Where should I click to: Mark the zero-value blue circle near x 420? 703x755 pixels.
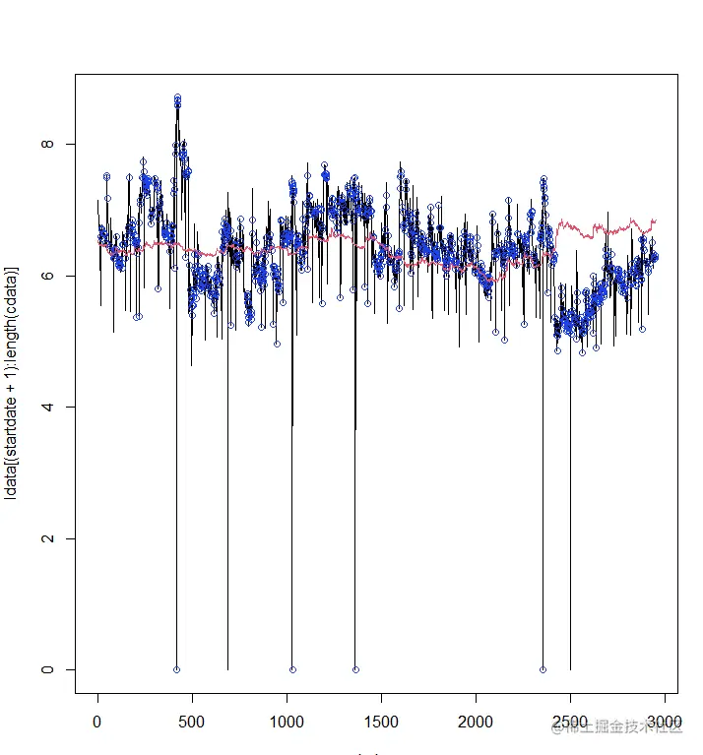176,669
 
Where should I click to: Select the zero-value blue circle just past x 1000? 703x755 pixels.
292,669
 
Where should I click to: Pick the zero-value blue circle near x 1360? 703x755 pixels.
355,669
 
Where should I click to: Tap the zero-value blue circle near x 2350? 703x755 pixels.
543,669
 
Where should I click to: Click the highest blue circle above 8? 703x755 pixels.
177,97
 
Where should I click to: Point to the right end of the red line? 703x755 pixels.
655,220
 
